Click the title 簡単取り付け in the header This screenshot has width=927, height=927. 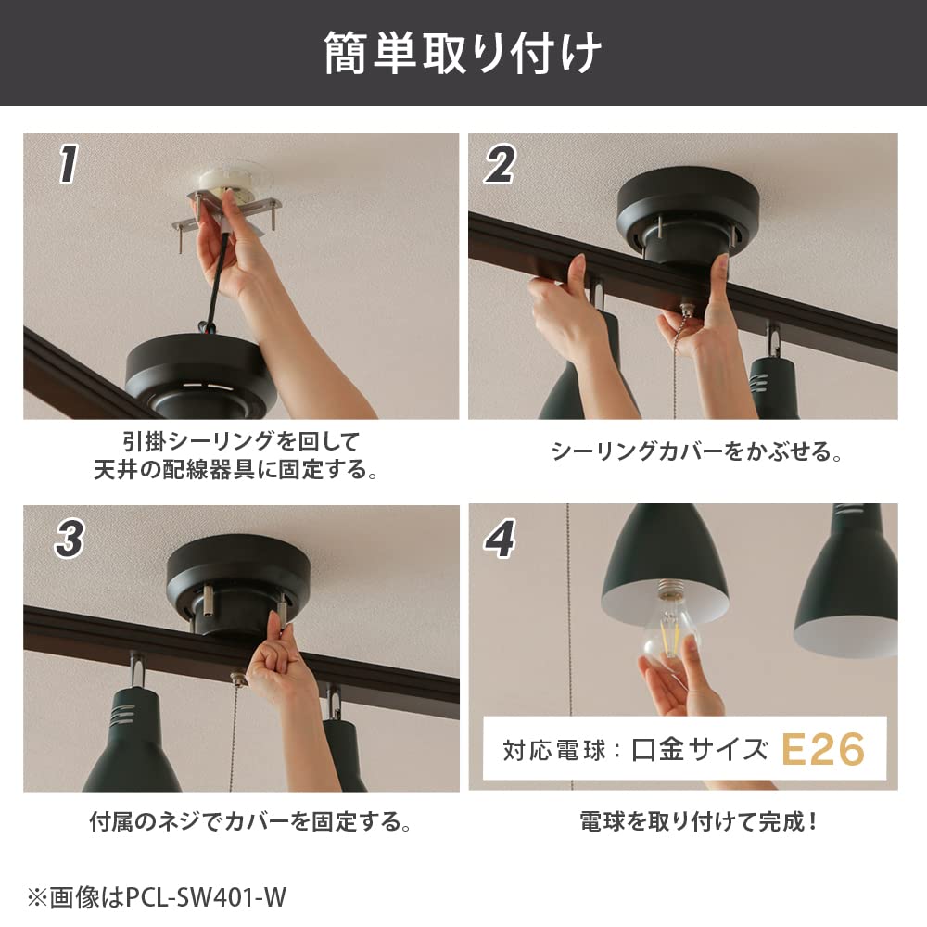tap(463, 53)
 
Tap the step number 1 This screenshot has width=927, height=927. tap(69, 164)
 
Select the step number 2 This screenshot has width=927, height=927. tap(500, 165)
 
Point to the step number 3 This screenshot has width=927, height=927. tap(70, 539)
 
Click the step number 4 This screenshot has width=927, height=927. tap(500, 539)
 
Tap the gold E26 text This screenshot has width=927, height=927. tap(823, 750)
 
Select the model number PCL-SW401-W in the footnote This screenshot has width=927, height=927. tap(206, 897)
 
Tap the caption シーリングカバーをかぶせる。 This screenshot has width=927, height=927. tap(696, 451)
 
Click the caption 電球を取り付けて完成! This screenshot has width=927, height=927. tap(698, 821)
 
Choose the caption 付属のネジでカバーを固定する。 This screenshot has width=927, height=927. tap(250, 821)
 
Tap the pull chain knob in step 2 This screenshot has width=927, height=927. tap(686, 308)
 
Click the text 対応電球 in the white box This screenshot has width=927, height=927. tap(554, 750)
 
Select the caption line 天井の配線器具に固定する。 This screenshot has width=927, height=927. tap(235, 470)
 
